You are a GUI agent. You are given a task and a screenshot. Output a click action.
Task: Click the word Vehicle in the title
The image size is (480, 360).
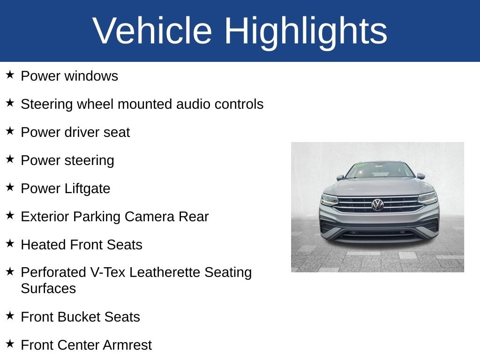coord(152,30)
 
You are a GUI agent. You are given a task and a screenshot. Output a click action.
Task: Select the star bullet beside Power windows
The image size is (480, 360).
coord(10,75)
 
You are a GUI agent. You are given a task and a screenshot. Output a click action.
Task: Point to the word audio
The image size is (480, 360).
coord(194,104)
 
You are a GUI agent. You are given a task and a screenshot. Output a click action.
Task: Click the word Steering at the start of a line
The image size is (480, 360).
coord(47,105)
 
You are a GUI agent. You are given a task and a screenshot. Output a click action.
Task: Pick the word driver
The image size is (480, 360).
coord(82,132)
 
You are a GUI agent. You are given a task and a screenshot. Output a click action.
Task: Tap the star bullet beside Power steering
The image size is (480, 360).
coord(10,159)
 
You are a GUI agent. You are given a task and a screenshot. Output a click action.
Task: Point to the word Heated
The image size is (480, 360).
coord(44,245)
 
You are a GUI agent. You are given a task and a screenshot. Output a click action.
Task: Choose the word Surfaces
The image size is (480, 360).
coord(48,289)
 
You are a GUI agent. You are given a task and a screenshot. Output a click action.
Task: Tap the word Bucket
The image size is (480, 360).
coord(79,317)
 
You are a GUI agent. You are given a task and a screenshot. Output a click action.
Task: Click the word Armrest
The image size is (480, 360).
coord(127,345)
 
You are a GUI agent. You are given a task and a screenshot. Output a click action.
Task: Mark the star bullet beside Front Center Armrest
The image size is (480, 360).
coord(10,344)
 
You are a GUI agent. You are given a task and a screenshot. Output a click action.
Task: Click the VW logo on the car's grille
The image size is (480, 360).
coord(377,204)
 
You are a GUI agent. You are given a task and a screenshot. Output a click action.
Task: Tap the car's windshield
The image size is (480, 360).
coord(380,171)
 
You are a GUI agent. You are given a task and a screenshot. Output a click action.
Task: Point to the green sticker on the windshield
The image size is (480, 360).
coord(360,165)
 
